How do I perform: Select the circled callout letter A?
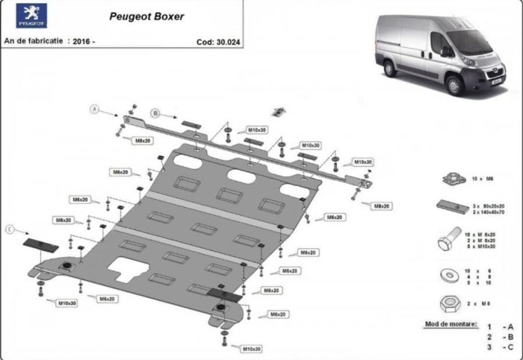(x=95, y=109)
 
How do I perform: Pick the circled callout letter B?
(x=155, y=113)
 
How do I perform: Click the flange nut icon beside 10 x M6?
(x=450, y=177)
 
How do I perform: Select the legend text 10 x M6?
(x=483, y=179)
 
